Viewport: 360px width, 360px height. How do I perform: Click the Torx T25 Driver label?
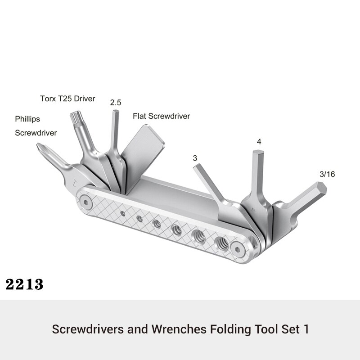[x=67, y=99]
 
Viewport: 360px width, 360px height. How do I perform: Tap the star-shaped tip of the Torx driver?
[x=75, y=117]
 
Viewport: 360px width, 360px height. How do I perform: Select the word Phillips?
[x=27, y=119]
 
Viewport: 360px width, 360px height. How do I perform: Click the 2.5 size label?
[x=116, y=103]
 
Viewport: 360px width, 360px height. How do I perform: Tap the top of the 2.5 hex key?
[x=116, y=111]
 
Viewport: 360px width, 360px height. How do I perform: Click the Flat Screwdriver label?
[x=161, y=116]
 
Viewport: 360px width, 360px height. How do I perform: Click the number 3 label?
[x=195, y=158]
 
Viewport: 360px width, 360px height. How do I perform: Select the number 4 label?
[x=259, y=142]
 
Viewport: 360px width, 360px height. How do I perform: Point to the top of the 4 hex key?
[x=258, y=152]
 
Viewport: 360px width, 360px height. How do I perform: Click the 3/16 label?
[x=327, y=174]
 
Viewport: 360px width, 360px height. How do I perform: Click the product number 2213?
[x=24, y=284]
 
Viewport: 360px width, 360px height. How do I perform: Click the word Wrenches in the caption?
[x=179, y=329]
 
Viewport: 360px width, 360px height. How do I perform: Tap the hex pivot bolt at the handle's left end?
[x=86, y=202]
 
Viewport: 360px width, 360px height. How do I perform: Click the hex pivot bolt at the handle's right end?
[x=238, y=250]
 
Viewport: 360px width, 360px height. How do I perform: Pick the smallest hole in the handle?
[x=123, y=214]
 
